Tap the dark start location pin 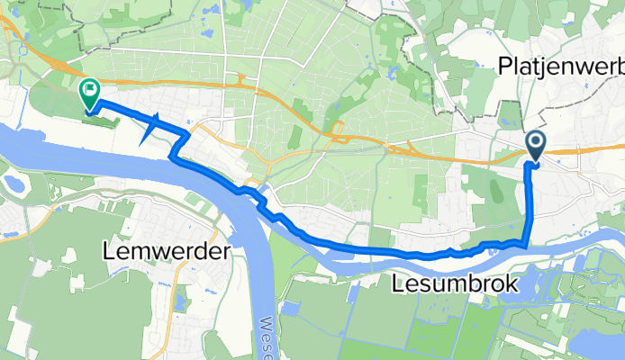tap(535, 144)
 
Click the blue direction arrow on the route tap(150, 128)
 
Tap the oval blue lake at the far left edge tap(13, 185)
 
